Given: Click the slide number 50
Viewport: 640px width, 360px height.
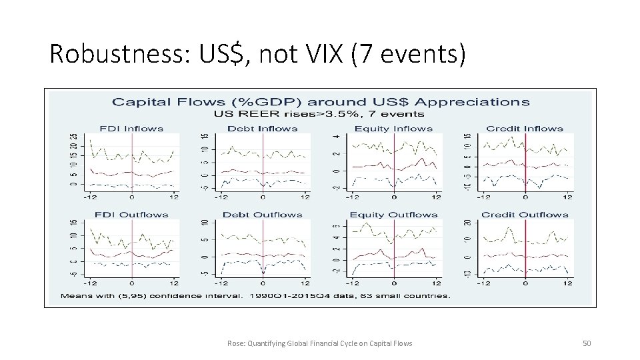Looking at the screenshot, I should (587, 343).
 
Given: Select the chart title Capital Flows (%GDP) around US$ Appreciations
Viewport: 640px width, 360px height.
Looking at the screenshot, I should (321, 102).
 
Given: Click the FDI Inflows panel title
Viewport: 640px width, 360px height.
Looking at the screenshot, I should (131, 129).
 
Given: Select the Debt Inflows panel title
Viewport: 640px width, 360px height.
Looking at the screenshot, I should (263, 129).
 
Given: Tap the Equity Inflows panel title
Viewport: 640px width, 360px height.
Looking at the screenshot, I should (393, 129).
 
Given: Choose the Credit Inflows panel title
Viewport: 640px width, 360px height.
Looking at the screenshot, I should (525, 129).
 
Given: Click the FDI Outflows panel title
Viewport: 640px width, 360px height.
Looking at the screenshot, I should (131, 215).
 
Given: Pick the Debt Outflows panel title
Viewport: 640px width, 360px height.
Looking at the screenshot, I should (263, 215).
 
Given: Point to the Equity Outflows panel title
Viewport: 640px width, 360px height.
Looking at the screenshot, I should (393, 215).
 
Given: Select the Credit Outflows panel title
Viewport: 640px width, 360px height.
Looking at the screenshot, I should (525, 215).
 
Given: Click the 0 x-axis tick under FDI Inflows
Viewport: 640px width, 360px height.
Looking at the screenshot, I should (132, 197).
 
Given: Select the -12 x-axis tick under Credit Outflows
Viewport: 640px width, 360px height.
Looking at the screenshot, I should (483, 283).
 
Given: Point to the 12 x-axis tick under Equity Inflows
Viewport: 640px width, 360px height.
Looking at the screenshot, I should (436, 197).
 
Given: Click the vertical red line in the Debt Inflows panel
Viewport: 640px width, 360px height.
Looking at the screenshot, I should (263, 161).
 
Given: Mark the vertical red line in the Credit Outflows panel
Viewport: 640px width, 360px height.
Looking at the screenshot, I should (525, 247).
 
